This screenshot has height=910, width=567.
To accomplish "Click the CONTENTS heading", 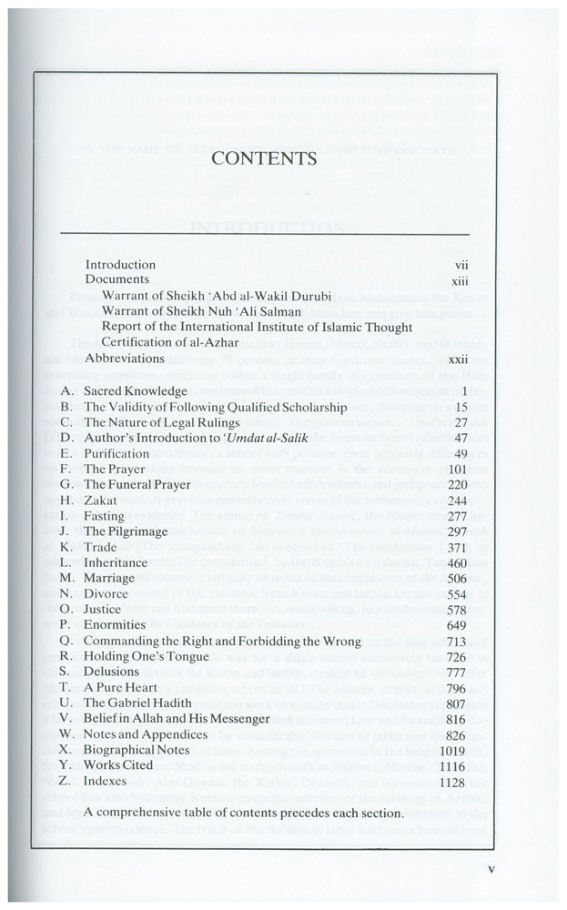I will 264,158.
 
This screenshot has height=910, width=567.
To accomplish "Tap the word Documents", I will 116,279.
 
